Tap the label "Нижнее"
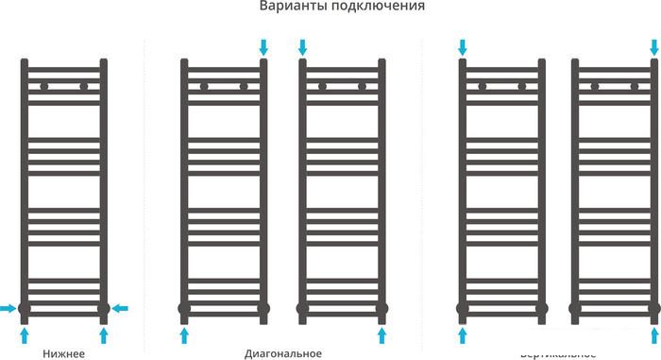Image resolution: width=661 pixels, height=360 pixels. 64,353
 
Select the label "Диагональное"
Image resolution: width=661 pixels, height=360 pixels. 282,353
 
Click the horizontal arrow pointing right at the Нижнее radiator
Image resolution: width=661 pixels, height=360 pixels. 8,308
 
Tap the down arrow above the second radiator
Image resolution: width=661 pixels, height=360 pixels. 263,46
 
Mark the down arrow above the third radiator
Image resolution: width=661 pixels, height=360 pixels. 303,46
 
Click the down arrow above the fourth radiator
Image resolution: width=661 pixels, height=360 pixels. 463,46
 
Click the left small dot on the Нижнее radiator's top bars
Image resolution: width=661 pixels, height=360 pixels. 43,86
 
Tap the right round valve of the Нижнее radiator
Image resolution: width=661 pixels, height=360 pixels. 104,308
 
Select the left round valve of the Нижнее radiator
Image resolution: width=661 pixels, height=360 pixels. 25,308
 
